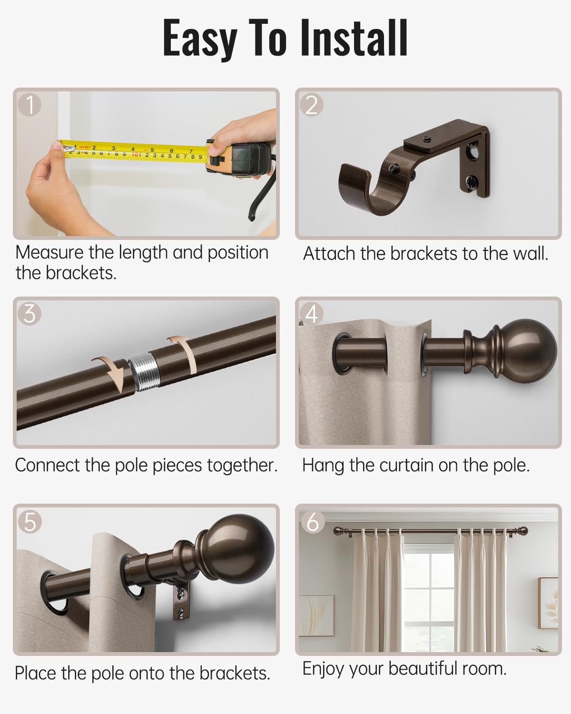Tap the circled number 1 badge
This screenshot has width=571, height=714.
pos(30,105)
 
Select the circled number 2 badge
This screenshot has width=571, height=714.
pos(311,105)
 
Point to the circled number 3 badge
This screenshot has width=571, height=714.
pos(30,314)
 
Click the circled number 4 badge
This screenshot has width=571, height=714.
pos(311,314)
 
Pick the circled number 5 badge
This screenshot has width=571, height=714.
pos(30,522)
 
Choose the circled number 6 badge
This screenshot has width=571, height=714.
pos(312,522)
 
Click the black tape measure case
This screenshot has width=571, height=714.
pos(240,159)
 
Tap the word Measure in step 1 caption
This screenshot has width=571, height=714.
pos(49,252)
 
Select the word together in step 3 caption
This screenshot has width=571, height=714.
pos(242,466)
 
